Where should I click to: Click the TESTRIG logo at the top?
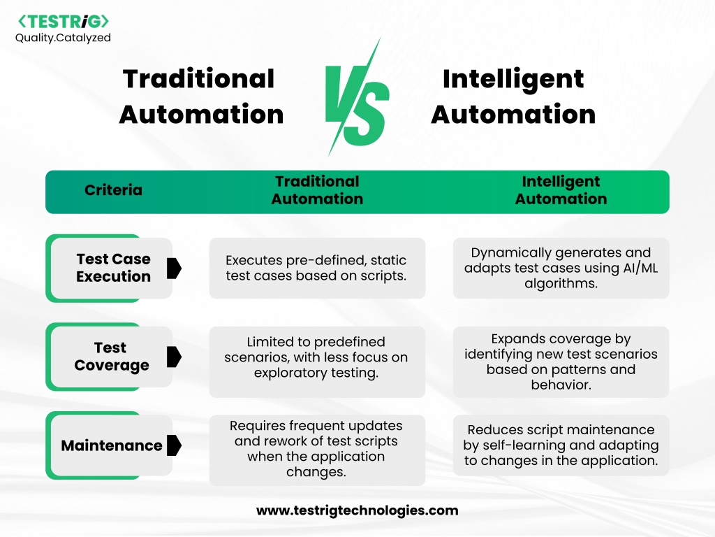(x=64, y=22)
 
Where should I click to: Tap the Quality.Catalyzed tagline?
(x=63, y=38)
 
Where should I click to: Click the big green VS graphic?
(x=357, y=97)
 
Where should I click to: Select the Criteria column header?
(x=113, y=190)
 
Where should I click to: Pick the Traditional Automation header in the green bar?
(x=318, y=190)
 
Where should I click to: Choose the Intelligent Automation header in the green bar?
(x=561, y=190)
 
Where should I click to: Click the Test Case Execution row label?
(x=114, y=268)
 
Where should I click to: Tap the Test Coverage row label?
(x=112, y=356)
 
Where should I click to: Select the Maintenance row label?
(x=112, y=445)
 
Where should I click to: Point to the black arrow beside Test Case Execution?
(x=174, y=268)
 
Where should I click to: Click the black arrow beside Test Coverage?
(x=174, y=357)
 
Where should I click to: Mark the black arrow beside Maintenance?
(x=174, y=445)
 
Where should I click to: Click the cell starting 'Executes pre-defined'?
(x=318, y=268)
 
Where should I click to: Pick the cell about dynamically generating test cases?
(x=561, y=268)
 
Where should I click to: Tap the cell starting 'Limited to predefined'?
(x=318, y=361)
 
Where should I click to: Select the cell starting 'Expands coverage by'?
(x=561, y=361)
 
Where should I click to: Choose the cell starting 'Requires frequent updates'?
(x=318, y=450)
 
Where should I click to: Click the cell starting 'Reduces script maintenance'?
(x=561, y=445)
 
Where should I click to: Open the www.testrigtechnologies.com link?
(x=357, y=510)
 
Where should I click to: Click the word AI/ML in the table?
(x=640, y=268)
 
